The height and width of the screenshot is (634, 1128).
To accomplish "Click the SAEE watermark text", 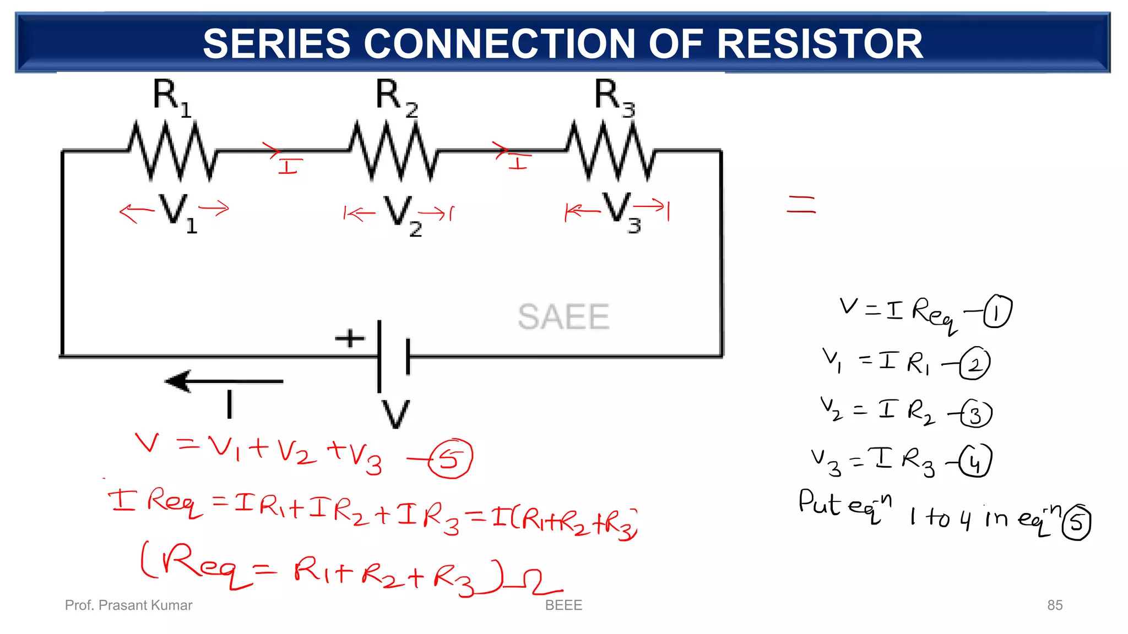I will click(x=563, y=317).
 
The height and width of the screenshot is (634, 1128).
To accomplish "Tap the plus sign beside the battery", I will click(x=350, y=338).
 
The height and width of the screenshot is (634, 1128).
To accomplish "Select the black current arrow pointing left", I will click(x=224, y=381).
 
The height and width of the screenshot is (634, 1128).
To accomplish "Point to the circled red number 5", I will click(x=451, y=458).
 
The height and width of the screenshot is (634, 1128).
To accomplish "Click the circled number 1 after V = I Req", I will click(x=997, y=312).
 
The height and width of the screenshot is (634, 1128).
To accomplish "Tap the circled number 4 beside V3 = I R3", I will click(x=975, y=461).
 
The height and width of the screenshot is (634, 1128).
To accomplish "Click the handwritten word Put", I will click(x=820, y=502).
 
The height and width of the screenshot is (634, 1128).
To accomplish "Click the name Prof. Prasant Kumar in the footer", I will click(x=128, y=605).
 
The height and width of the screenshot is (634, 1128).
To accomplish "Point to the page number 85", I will click(x=1055, y=605).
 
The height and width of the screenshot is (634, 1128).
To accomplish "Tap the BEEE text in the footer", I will click(x=563, y=605).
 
